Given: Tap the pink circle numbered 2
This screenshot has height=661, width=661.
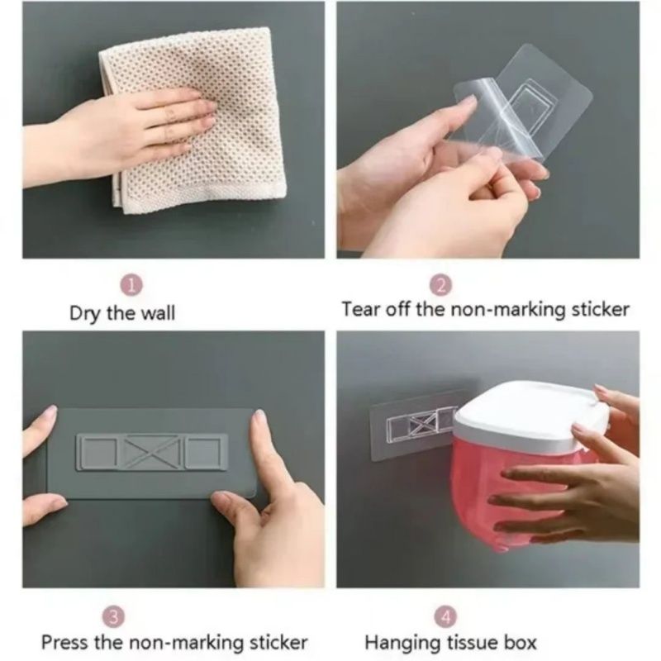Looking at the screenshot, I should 440,286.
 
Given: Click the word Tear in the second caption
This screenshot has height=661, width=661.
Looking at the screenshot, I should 360,310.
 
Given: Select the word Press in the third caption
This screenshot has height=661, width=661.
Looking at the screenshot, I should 63,642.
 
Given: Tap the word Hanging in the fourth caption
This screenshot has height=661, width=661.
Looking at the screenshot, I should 397,642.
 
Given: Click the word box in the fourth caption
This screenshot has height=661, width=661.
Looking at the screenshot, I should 520,642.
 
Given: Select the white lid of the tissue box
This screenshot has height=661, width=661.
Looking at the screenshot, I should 529,413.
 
